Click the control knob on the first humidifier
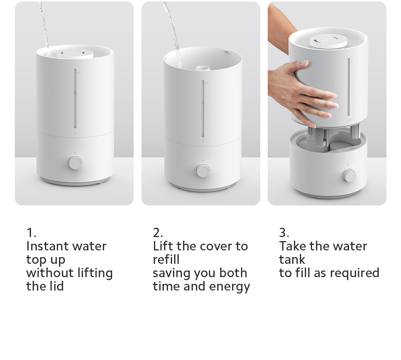pyautogui.click(x=75, y=163)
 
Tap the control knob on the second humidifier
pyautogui.click(x=203, y=170)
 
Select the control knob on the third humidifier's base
pyautogui.click(x=349, y=175)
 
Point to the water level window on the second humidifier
pyautogui.click(x=203, y=108)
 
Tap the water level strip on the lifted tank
pyautogui.click(x=348, y=87)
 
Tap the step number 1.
pyautogui.click(x=31, y=233)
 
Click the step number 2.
pyautogui.click(x=158, y=233)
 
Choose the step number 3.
pyautogui.click(x=284, y=233)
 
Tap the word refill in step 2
pyautogui.click(x=166, y=260)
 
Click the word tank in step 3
pyautogui.click(x=292, y=260)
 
